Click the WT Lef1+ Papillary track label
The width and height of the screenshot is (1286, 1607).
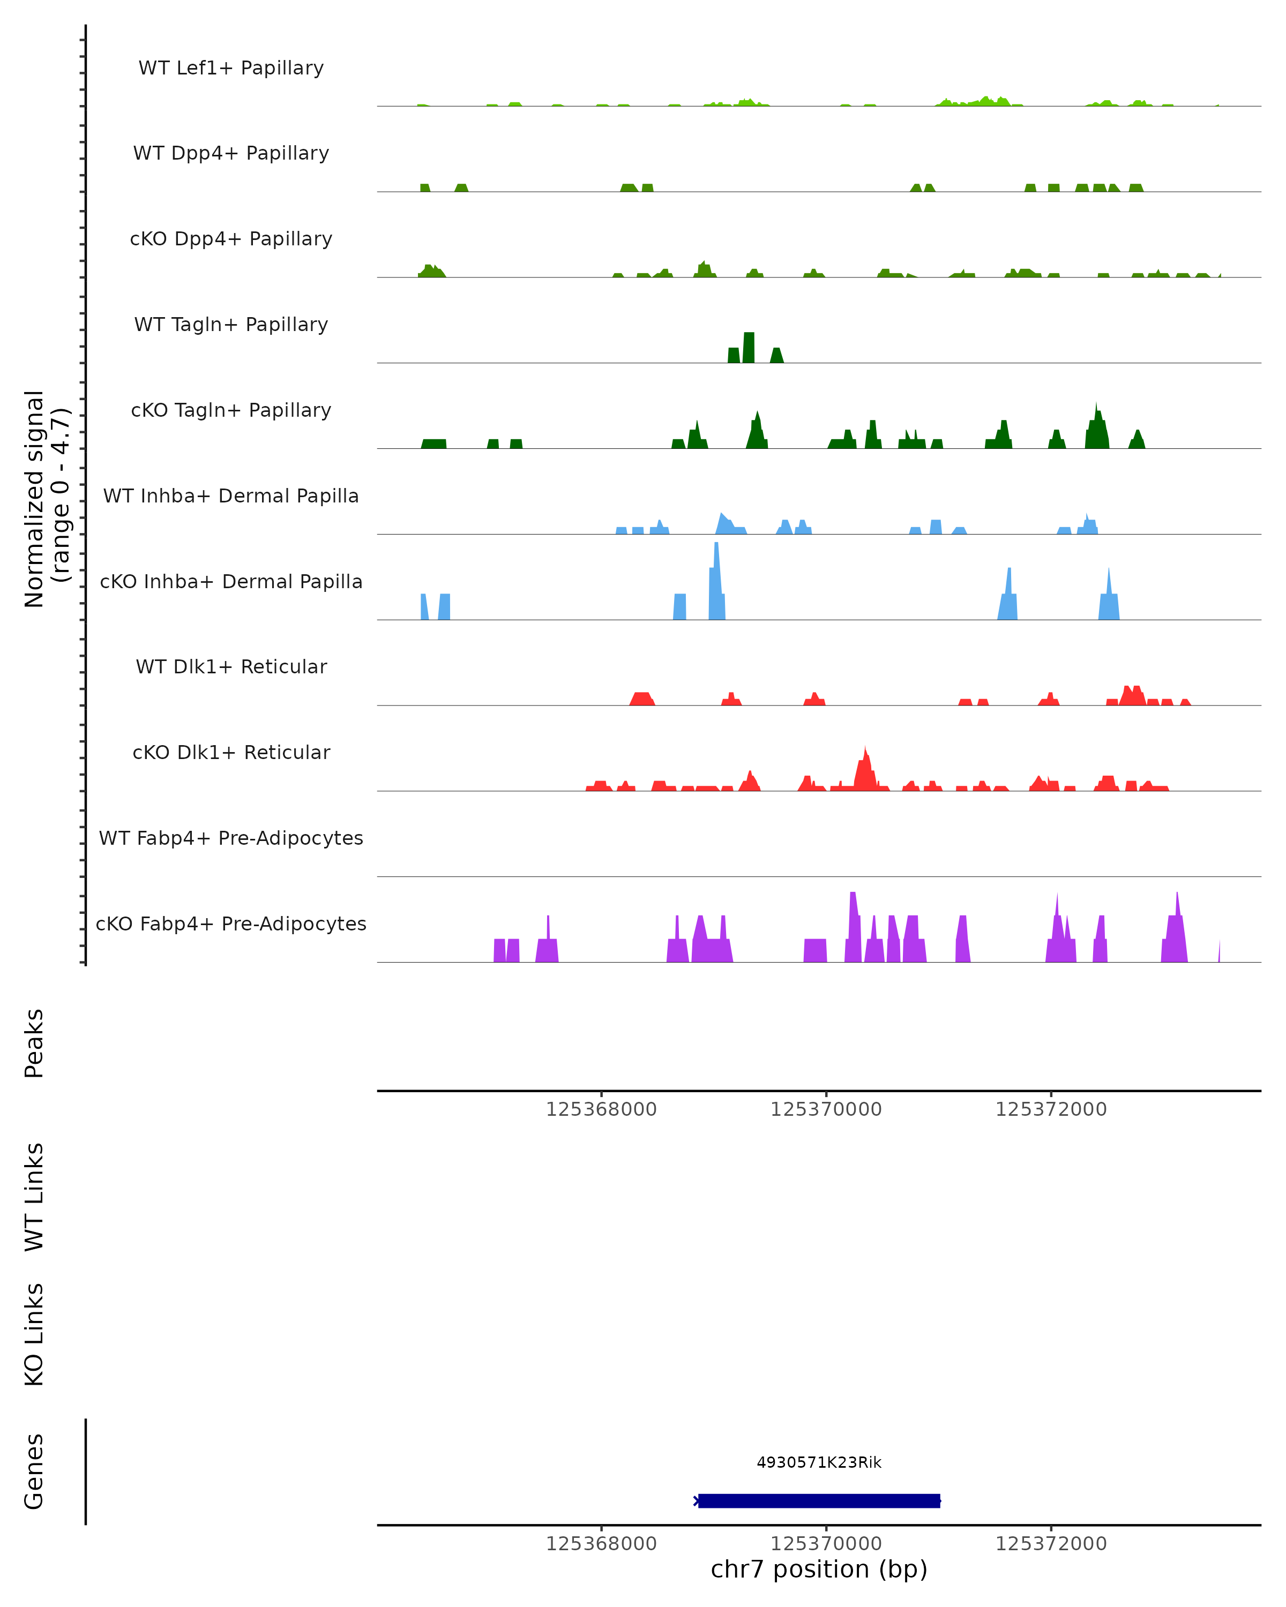tap(231, 68)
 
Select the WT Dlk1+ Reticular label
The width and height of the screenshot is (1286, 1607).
tap(231, 666)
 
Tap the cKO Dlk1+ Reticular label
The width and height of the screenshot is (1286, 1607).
tap(231, 752)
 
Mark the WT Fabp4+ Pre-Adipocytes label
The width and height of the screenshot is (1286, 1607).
tap(231, 838)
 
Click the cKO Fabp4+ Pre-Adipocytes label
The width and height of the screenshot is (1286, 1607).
tap(231, 923)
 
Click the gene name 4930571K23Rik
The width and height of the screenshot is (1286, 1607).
tap(819, 1462)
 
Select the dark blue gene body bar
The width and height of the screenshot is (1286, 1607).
tap(819, 1500)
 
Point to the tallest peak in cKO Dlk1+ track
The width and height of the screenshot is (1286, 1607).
tap(865, 768)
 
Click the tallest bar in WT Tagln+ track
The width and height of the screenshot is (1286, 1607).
tap(749, 347)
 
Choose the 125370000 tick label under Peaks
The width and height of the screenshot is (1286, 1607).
tap(826, 1110)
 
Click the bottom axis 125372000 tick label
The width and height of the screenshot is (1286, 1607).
tap(1051, 1544)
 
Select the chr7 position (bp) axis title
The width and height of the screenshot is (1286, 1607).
tap(819, 1569)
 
